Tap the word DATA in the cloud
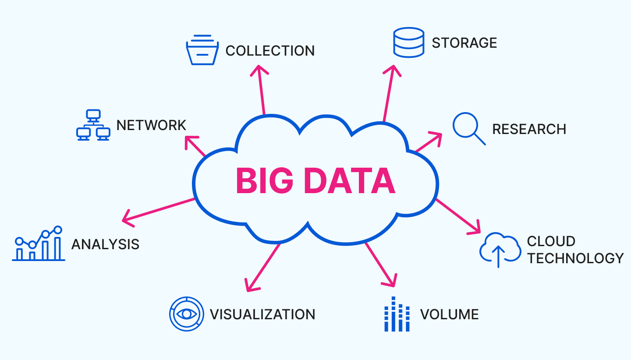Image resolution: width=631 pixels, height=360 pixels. pyautogui.click(x=349, y=181)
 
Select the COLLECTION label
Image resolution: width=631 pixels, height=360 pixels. pyautogui.click(x=270, y=51)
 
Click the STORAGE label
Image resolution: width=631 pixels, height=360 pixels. pyautogui.click(x=464, y=43)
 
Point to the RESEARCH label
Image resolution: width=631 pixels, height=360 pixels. pyautogui.click(x=529, y=129)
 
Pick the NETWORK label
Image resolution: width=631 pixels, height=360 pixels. pyautogui.click(x=151, y=125)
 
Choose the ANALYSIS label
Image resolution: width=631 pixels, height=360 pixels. pyautogui.click(x=105, y=244)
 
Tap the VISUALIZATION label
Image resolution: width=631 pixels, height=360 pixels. pyautogui.click(x=262, y=314)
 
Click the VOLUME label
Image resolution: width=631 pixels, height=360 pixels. pyautogui.click(x=449, y=314)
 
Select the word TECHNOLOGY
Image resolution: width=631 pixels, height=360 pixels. pyautogui.click(x=575, y=258)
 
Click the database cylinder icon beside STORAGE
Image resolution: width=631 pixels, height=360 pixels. pyautogui.click(x=408, y=42)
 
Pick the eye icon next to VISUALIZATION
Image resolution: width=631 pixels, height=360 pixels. pyautogui.click(x=187, y=314)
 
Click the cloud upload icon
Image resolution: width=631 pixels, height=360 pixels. pyautogui.click(x=500, y=250)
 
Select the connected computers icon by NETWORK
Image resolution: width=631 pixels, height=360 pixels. pyautogui.click(x=93, y=125)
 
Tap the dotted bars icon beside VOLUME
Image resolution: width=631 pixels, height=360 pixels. pyautogui.click(x=397, y=314)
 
